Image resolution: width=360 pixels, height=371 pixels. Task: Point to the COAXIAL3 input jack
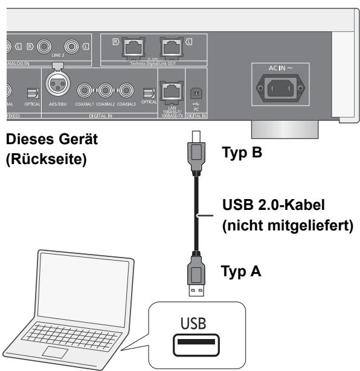click(126, 92)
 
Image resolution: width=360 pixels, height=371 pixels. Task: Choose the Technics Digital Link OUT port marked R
click(132, 47)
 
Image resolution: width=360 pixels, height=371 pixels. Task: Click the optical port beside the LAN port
click(149, 94)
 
